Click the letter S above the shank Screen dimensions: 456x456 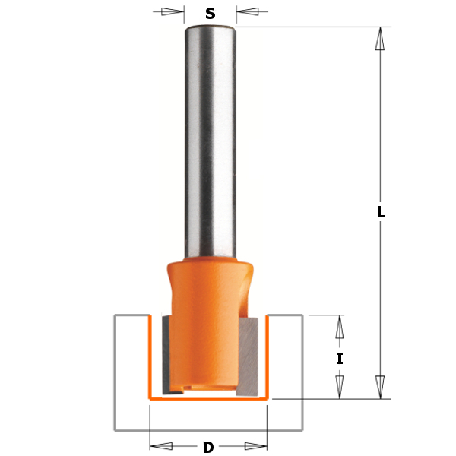click(x=211, y=14)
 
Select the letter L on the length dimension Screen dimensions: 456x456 click(x=381, y=212)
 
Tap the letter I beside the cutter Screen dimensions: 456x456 click(x=340, y=358)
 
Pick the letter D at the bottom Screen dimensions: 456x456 click(x=208, y=448)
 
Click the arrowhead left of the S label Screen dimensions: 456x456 click(x=173, y=11)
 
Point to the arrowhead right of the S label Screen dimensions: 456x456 click(x=247, y=11)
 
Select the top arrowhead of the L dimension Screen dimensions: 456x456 click(x=380, y=39)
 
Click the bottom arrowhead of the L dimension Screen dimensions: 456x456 click(x=380, y=387)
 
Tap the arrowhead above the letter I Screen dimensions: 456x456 click(x=340, y=327)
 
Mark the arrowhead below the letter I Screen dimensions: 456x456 click(x=340, y=387)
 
